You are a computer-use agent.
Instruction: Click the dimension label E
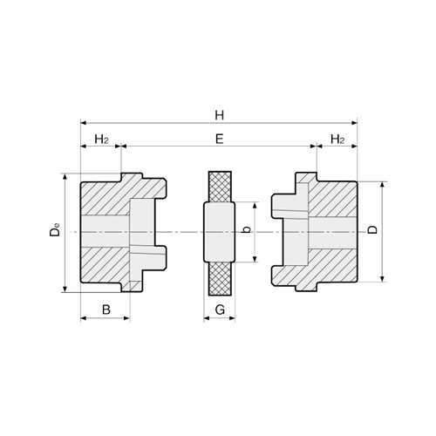coord(219,138)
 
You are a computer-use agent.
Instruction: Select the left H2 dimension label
coord(100,139)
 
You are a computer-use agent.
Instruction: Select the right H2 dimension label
coord(337,139)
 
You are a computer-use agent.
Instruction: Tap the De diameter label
coord(54,232)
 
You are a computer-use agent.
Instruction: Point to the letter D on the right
coord(373,231)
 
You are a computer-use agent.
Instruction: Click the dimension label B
coord(106,309)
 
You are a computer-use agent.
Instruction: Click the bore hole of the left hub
coord(105,232)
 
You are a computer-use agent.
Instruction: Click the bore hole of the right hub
coord(331,233)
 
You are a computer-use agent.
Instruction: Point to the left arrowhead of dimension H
coord(83,123)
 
